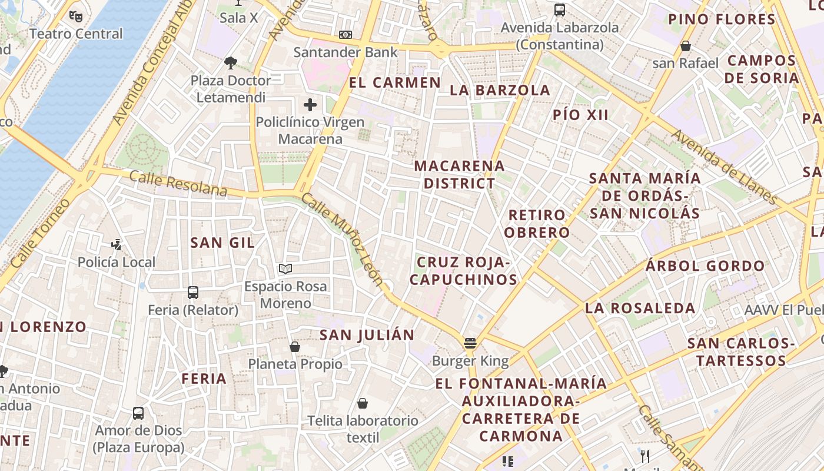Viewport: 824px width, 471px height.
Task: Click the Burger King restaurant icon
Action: [x=470, y=343]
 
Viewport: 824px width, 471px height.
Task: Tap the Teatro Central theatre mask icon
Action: [x=75, y=16]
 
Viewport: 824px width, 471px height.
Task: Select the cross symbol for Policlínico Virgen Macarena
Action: [x=310, y=105]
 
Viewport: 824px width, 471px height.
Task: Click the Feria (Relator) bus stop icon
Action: [x=193, y=292]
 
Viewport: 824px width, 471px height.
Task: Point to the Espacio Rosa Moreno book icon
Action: [x=285, y=269]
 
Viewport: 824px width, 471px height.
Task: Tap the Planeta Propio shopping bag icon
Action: [x=295, y=347]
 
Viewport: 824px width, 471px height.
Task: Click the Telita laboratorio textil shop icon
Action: [x=363, y=403]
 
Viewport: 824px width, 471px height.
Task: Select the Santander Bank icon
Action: [x=345, y=35]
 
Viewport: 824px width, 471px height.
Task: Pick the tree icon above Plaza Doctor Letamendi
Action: [x=231, y=62]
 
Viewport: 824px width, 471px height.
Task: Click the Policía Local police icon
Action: [x=117, y=244]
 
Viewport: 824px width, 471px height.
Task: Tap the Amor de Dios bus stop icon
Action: [x=138, y=413]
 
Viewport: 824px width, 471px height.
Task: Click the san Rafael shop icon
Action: [x=686, y=46]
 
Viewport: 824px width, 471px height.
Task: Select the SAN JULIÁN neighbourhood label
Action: [x=367, y=335]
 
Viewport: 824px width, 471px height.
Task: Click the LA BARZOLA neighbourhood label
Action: [x=500, y=90]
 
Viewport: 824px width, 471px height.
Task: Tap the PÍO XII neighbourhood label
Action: [x=580, y=115]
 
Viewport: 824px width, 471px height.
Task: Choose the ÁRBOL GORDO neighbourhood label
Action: [x=705, y=266]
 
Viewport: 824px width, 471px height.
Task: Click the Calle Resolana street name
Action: [x=178, y=183]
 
